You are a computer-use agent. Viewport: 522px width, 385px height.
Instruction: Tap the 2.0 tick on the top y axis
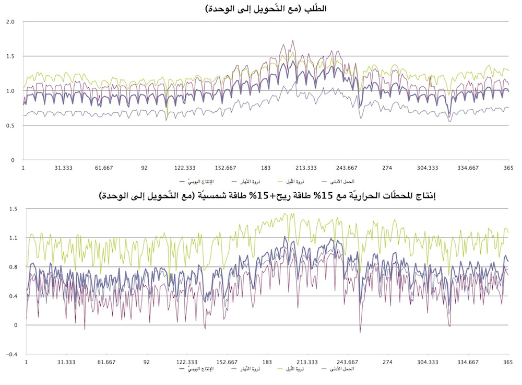coord(10,22)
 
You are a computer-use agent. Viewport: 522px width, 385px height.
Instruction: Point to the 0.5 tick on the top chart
coord(10,125)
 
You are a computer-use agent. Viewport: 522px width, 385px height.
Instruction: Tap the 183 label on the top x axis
coord(266,168)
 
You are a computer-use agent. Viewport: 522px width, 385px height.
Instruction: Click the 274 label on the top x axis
coord(387,168)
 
